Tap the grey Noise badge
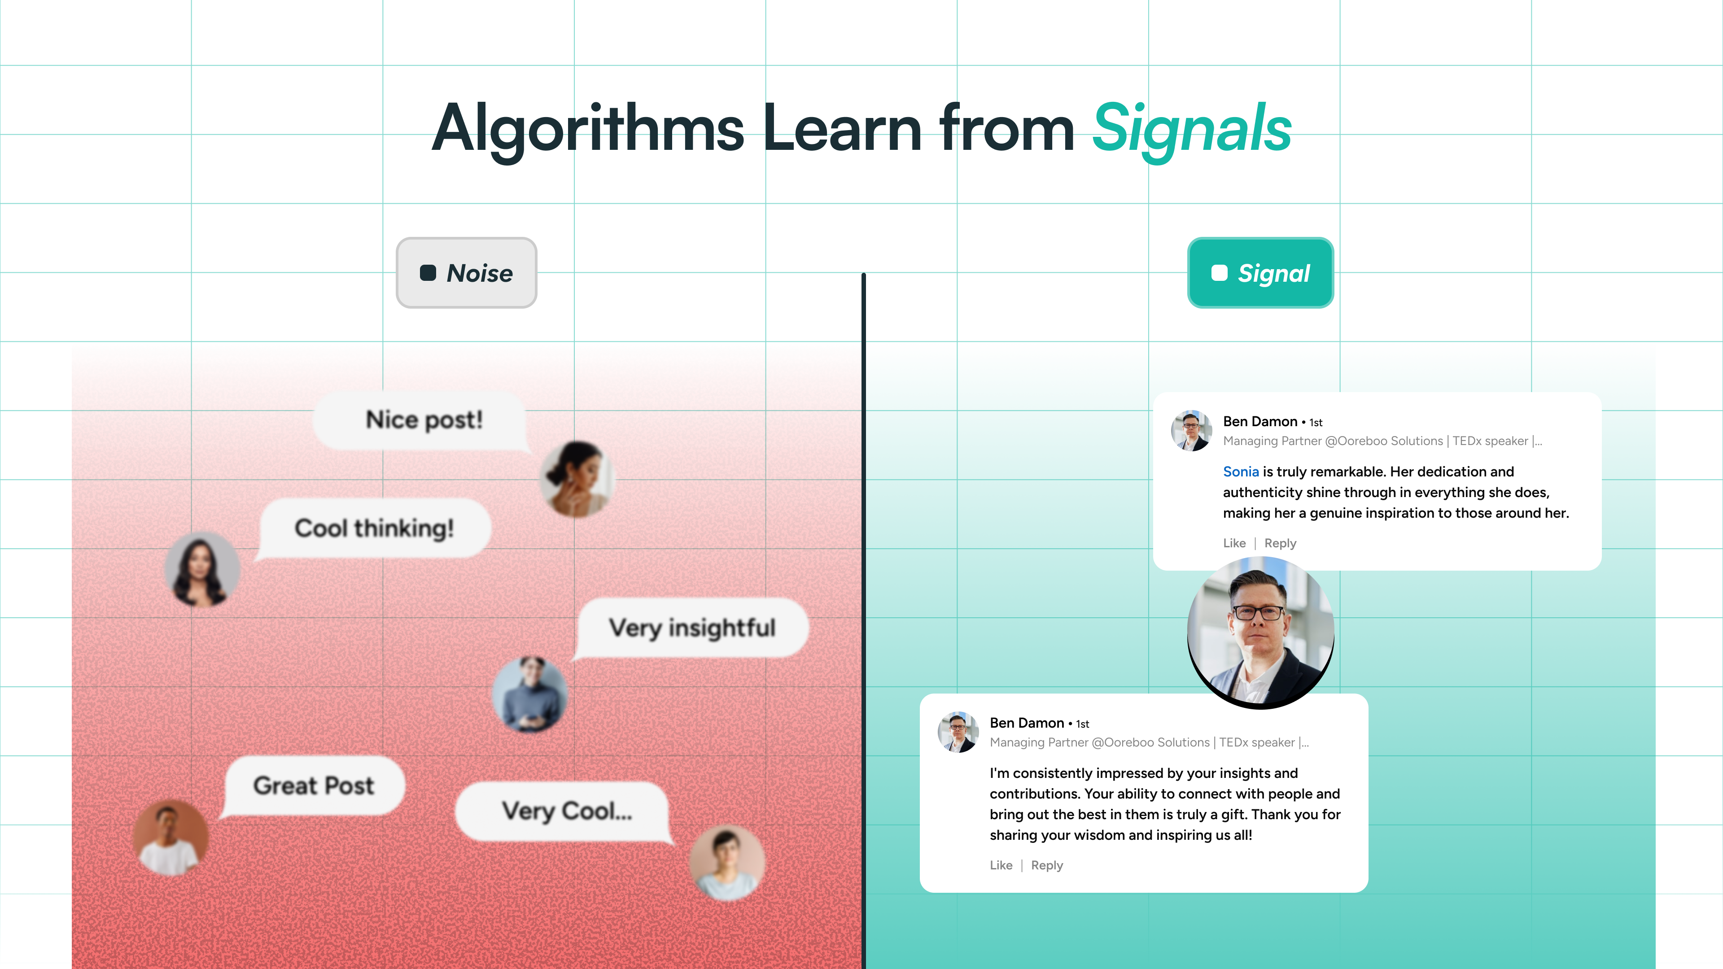point(466,273)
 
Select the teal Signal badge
point(1260,273)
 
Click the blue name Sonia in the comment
point(1241,471)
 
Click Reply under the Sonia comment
point(1280,543)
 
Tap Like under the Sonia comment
point(1234,543)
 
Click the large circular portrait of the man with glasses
point(1260,633)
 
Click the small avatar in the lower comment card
point(958,732)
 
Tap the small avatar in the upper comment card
point(1191,430)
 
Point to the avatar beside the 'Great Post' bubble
point(171,838)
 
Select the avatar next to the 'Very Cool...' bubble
point(727,863)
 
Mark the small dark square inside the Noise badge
point(428,273)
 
